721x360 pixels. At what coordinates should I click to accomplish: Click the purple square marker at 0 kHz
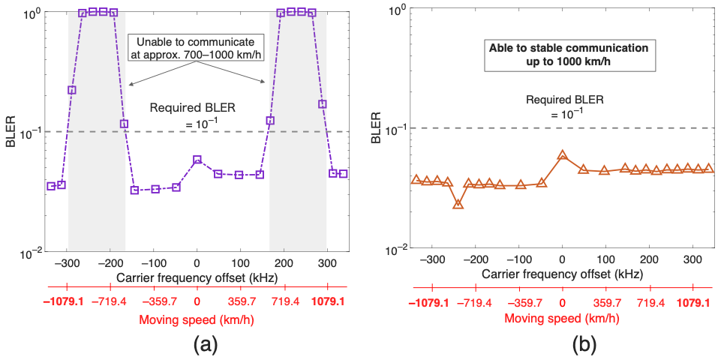point(197,159)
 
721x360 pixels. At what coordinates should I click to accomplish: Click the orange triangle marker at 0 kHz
point(563,155)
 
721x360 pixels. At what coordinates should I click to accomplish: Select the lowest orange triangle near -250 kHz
point(458,204)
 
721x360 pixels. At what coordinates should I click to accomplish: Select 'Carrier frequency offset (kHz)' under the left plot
point(197,278)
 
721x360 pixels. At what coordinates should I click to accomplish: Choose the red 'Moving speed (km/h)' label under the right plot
point(562,318)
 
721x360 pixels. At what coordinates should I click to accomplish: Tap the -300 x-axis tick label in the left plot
point(68,264)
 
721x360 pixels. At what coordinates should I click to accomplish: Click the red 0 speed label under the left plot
point(197,303)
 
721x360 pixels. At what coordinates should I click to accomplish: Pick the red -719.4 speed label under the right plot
point(476,303)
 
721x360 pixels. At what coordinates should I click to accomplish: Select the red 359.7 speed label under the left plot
point(240,303)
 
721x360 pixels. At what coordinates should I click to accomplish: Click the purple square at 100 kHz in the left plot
point(239,175)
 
